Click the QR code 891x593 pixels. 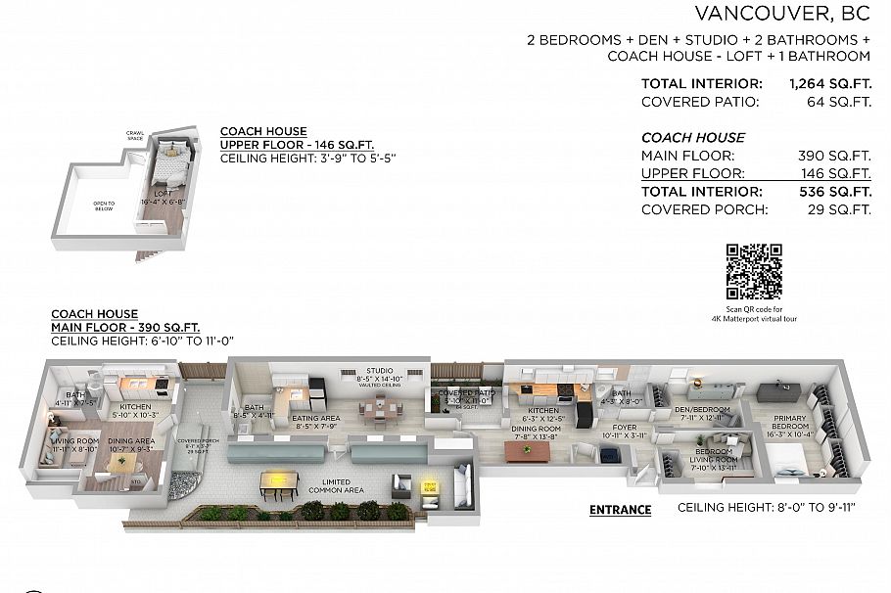[754, 272]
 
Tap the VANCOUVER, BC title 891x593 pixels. [782, 13]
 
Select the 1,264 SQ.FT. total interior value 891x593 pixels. [829, 84]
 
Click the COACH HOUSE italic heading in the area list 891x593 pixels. [692, 138]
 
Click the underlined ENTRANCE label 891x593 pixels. [620, 510]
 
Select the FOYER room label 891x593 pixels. [625, 428]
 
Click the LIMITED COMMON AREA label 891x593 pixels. [336, 485]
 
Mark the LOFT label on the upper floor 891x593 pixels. [162, 194]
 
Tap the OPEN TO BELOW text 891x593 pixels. [104, 206]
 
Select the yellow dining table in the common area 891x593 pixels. [279, 479]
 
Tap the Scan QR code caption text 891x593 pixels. [754, 313]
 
